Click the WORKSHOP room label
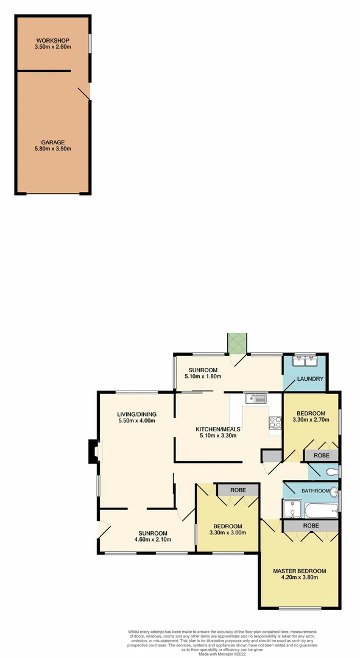point(53,41)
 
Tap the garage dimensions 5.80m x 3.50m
point(53,149)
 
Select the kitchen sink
point(256,398)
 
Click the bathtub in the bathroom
point(319,509)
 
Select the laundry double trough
point(304,361)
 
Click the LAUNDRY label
point(309,379)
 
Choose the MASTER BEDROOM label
point(299,571)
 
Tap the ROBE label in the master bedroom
point(311,525)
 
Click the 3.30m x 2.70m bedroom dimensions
point(311,420)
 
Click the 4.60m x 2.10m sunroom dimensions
point(153,539)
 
